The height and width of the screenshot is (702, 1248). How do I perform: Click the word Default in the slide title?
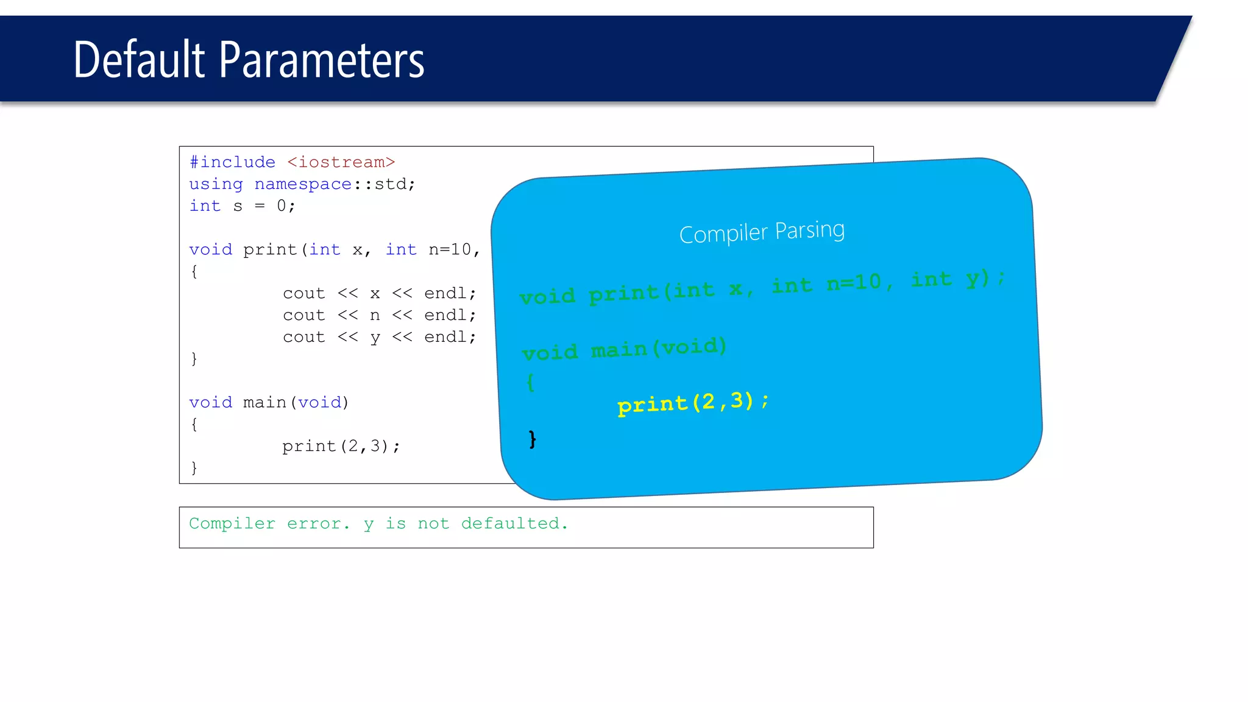[x=139, y=60]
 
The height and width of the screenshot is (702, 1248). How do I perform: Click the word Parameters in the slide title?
[x=321, y=60]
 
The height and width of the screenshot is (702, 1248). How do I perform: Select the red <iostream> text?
[x=341, y=162]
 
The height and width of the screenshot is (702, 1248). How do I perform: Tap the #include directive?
[x=232, y=162]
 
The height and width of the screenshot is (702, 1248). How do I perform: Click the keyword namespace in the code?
[x=303, y=184]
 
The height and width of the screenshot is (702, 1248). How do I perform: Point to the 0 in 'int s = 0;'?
[x=282, y=206]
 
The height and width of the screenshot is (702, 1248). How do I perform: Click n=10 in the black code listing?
[x=450, y=250]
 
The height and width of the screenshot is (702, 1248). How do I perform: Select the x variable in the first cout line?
[x=375, y=294]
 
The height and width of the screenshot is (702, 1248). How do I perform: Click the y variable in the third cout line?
[x=375, y=338]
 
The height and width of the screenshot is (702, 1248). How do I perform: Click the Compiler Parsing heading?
[x=762, y=232]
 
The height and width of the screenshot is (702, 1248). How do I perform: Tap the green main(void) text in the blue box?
[x=659, y=348]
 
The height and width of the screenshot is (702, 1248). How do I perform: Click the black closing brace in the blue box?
[x=533, y=439]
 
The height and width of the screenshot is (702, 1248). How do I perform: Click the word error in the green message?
[x=314, y=523]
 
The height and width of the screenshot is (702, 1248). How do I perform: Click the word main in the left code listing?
[x=264, y=403]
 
